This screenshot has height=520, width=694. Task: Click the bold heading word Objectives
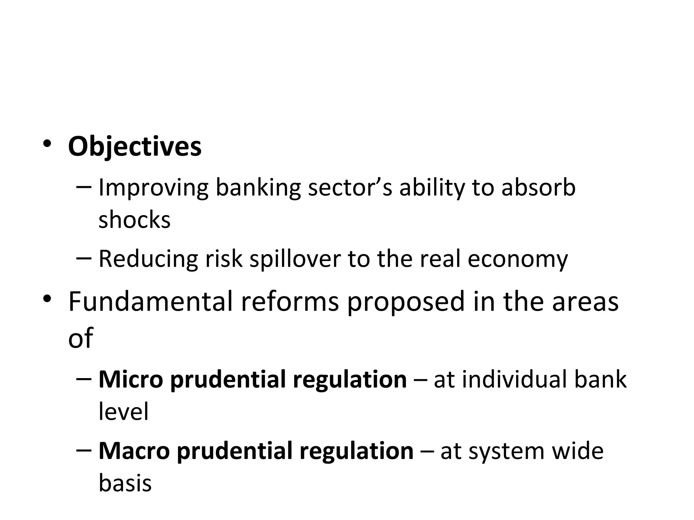tap(135, 147)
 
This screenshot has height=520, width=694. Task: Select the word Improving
tap(153, 188)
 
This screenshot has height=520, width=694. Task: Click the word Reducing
tap(148, 259)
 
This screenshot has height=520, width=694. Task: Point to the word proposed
tap(406, 302)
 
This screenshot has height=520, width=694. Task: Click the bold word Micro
tap(131, 380)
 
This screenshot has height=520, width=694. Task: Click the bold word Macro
tap(134, 451)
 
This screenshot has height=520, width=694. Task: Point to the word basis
tap(125, 483)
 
